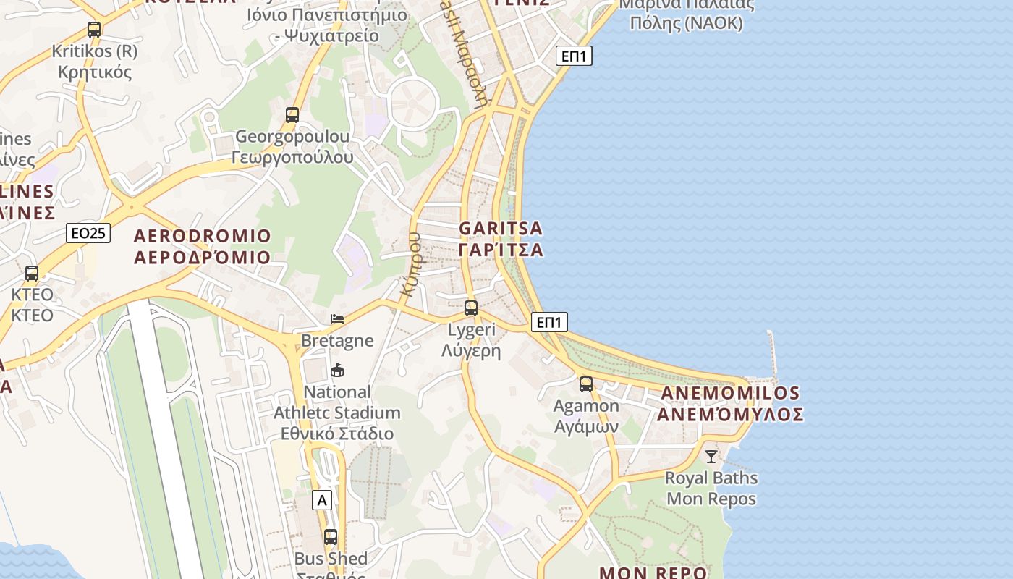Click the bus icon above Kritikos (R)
click(x=94, y=30)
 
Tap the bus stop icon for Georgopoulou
click(x=292, y=114)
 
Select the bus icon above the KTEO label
click(x=32, y=274)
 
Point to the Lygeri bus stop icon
click(x=471, y=308)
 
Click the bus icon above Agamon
click(x=586, y=384)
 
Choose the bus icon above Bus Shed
click(x=331, y=537)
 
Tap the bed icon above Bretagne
click(x=337, y=318)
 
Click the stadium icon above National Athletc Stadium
click(x=337, y=371)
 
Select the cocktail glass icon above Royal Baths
click(x=711, y=456)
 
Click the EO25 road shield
click(x=88, y=233)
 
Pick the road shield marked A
click(x=323, y=499)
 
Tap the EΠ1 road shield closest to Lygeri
click(x=549, y=322)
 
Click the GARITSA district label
click(x=501, y=228)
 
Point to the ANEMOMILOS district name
click(x=730, y=394)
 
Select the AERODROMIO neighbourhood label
click(x=203, y=236)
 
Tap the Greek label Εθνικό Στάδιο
click(x=337, y=434)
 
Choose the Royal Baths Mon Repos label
click(x=711, y=489)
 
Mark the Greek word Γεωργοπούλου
click(x=293, y=157)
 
